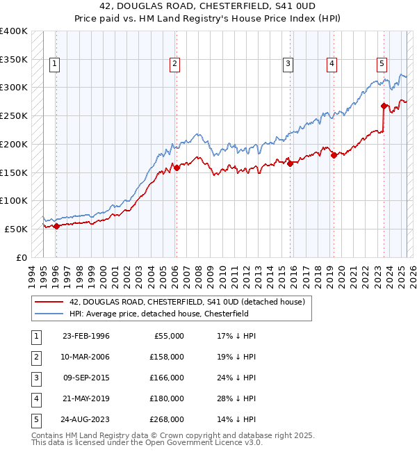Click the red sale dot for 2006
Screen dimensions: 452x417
coord(177,167)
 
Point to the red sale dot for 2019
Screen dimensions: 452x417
coord(334,155)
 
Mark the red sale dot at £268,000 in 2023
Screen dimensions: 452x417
coord(384,106)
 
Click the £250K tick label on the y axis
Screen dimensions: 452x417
coord(14,115)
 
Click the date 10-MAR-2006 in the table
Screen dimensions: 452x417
coord(86,357)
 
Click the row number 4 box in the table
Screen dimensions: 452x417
coord(34,398)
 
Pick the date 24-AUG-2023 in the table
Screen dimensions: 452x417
coord(86,419)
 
